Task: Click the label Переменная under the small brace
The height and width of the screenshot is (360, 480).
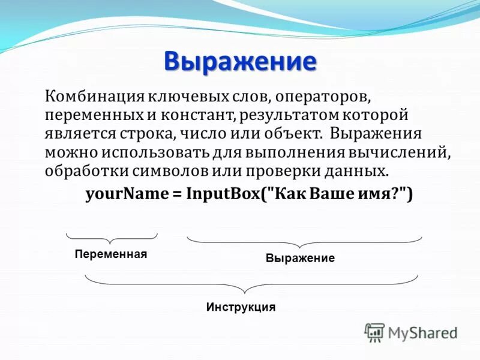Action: (111, 254)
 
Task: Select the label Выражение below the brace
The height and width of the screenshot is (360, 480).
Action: (300, 259)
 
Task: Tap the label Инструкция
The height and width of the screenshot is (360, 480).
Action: (241, 307)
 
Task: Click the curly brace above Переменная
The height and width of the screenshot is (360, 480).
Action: (111, 236)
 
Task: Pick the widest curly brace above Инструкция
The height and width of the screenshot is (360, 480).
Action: (251, 280)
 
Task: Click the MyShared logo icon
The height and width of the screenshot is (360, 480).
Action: (375, 332)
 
